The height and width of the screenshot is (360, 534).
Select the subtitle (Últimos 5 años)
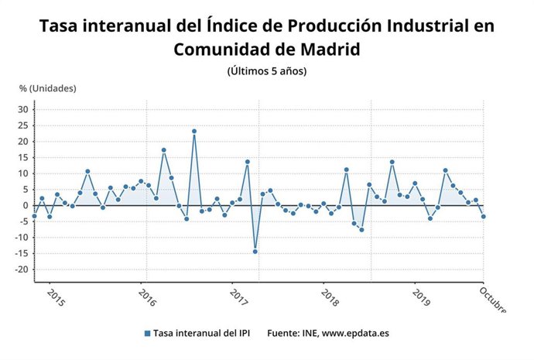[267, 71]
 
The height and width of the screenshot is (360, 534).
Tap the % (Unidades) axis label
[48, 88]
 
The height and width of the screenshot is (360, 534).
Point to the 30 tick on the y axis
[22, 110]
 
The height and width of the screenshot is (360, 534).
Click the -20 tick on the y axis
[21, 269]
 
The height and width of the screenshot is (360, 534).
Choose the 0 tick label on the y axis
[26, 206]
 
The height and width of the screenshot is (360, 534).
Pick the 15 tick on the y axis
[22, 158]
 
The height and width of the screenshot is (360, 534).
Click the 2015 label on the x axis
[56, 298]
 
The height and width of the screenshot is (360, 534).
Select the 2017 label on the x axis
[239, 298]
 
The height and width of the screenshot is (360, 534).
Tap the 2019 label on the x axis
[422, 298]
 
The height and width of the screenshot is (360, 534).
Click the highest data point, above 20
[194, 132]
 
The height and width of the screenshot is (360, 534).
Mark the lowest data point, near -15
[255, 252]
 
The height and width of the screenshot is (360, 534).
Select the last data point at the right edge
[484, 217]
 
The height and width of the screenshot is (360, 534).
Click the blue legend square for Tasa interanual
[146, 334]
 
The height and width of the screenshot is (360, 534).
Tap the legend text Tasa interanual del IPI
[201, 334]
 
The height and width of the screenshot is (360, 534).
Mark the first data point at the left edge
[34, 216]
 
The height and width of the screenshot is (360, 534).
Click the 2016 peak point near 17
[164, 150]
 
